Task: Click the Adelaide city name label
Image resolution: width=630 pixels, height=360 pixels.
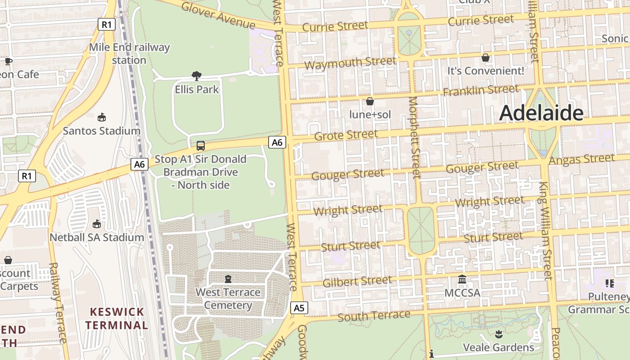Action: [x=541, y=113]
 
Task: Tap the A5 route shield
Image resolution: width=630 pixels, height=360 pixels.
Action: [x=299, y=308]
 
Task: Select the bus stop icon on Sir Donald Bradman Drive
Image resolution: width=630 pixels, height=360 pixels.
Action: [x=201, y=146]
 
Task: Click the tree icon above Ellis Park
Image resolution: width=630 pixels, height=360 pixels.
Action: [x=196, y=76]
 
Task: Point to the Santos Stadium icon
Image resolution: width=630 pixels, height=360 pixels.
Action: [x=102, y=117]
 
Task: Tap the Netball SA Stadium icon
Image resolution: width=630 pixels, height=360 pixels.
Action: [x=97, y=224]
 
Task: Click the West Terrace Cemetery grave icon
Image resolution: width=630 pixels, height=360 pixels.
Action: [x=228, y=279]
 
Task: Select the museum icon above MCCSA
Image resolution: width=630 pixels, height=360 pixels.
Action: [x=462, y=279]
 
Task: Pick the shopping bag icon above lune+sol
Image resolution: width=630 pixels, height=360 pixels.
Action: [x=370, y=101]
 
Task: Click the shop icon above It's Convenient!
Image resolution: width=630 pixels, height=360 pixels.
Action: [x=486, y=58]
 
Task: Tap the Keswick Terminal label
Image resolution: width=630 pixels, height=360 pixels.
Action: [x=117, y=318]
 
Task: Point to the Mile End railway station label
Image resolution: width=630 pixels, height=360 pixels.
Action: [x=129, y=54]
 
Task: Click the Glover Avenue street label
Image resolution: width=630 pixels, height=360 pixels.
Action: [x=218, y=15]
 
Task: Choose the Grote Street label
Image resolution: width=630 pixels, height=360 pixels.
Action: [x=346, y=135]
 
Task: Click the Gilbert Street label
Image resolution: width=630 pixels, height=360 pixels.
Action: [x=357, y=281]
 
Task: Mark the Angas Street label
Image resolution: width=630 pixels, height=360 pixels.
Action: [x=581, y=159]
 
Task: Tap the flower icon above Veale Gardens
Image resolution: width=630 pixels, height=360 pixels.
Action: [x=498, y=334]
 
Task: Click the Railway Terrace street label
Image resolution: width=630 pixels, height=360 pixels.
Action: [x=58, y=303]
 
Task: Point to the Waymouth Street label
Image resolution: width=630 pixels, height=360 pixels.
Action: [x=350, y=63]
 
